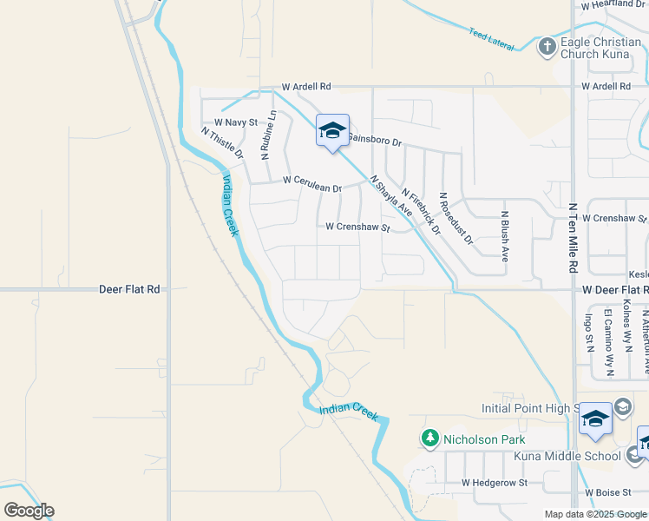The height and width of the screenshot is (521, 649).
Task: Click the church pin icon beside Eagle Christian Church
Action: pyautogui.click(x=547, y=46)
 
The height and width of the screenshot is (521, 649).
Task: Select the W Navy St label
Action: pyautogui.click(x=236, y=123)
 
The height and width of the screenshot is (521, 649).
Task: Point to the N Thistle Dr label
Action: pyautogui.click(x=223, y=143)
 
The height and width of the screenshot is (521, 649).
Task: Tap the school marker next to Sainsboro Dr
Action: pyautogui.click(x=331, y=131)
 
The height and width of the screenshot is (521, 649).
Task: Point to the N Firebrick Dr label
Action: pyautogui.click(x=422, y=213)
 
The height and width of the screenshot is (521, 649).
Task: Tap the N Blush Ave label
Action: pyautogui.click(x=504, y=235)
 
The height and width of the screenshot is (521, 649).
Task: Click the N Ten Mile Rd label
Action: pyautogui.click(x=573, y=238)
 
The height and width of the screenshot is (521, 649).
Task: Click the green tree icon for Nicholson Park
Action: pyautogui.click(x=430, y=439)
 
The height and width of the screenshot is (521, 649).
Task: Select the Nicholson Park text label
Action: pyautogui.click(x=484, y=439)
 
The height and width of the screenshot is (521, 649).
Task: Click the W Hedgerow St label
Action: pyautogui.click(x=494, y=482)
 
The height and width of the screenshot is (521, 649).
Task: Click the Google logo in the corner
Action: pyautogui.click(x=29, y=511)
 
